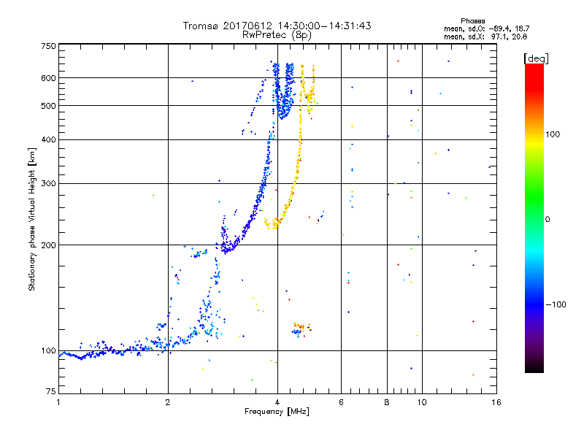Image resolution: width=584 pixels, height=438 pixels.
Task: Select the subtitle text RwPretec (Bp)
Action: point(277,34)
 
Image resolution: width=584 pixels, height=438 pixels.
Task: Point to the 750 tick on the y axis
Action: point(48,46)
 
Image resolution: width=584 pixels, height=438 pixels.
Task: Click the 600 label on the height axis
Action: point(48,78)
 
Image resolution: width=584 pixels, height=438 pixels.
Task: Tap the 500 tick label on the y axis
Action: point(48,106)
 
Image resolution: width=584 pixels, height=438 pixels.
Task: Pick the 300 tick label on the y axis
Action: point(48,184)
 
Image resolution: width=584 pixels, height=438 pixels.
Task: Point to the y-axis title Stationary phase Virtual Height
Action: point(32,219)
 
